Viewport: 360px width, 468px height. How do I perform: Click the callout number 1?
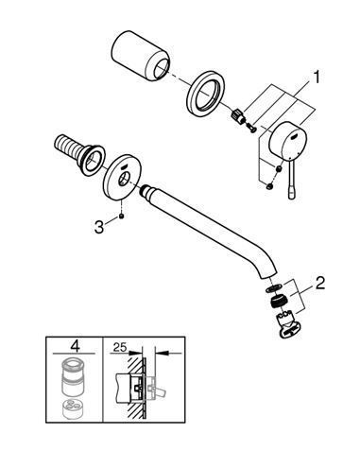(316, 78)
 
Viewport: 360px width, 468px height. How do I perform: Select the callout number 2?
(319, 283)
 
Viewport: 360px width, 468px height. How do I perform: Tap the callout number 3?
(99, 227)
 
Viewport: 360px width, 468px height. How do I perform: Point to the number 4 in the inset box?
(75, 346)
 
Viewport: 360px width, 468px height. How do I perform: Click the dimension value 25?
(120, 347)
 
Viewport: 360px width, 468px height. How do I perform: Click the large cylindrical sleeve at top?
(140, 56)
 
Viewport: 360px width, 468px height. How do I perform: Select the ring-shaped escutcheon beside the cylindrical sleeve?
(205, 95)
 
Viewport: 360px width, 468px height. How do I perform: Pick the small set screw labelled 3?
(121, 216)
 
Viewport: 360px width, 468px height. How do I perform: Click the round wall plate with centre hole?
(121, 177)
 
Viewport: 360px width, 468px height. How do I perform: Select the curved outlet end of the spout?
(267, 271)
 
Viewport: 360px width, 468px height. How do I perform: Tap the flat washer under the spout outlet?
(273, 287)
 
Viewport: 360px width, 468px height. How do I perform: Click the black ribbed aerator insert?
(278, 301)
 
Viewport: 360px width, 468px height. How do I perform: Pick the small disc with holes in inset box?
(73, 408)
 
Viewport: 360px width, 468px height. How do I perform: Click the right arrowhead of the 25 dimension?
(162, 354)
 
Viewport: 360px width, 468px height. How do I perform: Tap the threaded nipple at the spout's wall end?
(146, 191)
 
